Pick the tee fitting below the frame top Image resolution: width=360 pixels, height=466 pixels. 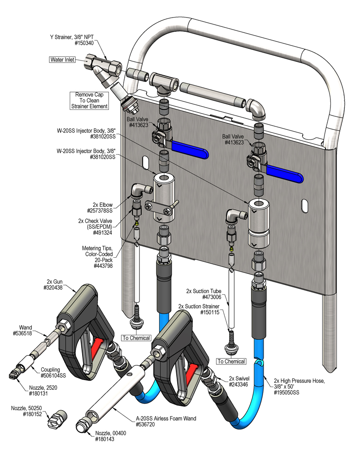pyautogui.click(x=162, y=84)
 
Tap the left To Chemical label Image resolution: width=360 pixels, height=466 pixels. pyautogui.click(x=136, y=338)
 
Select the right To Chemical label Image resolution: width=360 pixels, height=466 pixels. pyautogui.click(x=231, y=361)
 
